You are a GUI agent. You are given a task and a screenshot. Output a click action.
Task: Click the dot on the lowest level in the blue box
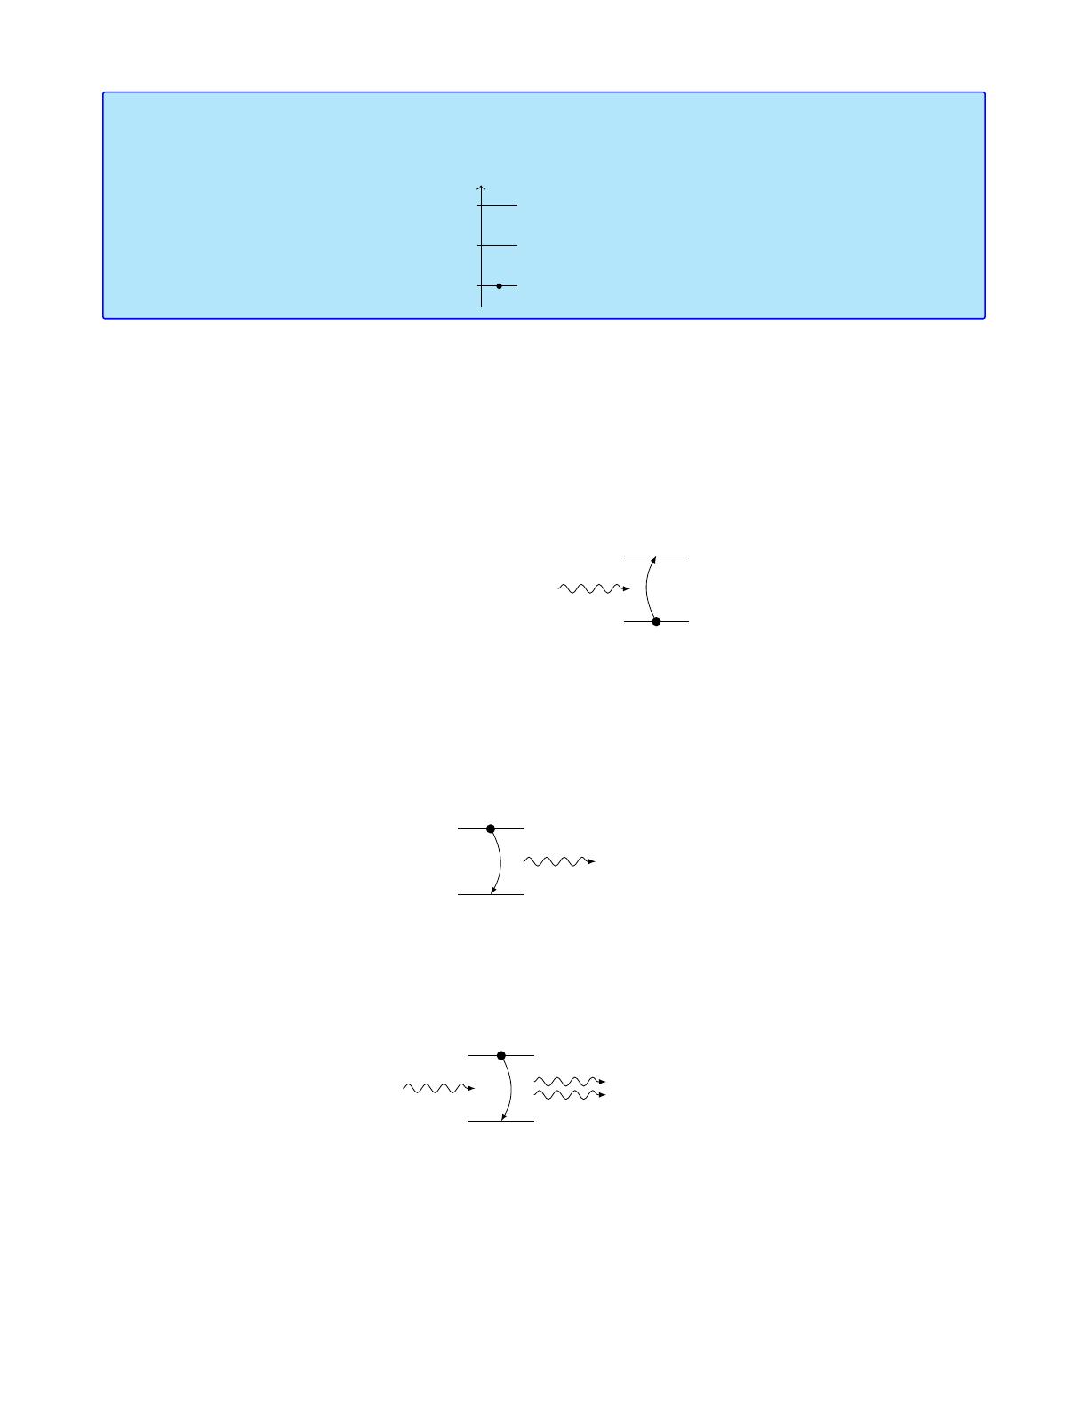(x=499, y=286)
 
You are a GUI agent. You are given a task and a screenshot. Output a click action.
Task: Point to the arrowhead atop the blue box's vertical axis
(x=481, y=188)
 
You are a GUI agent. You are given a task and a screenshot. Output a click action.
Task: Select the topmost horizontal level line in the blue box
(x=498, y=206)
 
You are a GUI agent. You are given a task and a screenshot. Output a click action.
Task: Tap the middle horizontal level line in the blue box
(x=498, y=245)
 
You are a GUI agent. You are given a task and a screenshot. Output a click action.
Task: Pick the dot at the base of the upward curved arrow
(x=656, y=621)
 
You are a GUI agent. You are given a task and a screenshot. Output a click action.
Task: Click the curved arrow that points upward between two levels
(x=646, y=588)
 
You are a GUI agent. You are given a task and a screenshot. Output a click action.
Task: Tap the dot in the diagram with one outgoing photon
(x=491, y=828)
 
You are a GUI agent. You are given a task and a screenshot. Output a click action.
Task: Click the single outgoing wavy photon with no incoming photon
(x=558, y=861)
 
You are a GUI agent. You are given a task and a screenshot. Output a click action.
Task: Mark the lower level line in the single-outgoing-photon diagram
(x=490, y=894)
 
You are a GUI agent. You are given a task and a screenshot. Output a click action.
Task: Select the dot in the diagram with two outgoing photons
(x=501, y=1055)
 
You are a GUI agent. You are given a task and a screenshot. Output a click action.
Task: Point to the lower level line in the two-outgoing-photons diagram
(x=501, y=1121)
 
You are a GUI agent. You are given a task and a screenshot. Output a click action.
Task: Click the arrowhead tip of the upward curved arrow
(x=655, y=558)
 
